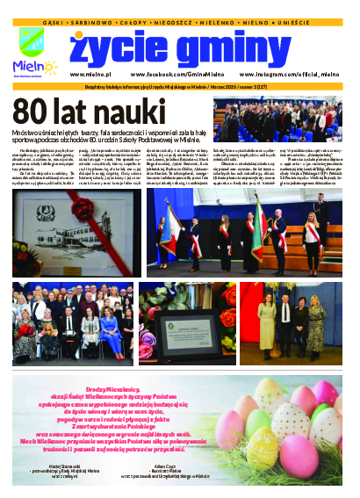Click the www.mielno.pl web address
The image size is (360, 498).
click(90, 76)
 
